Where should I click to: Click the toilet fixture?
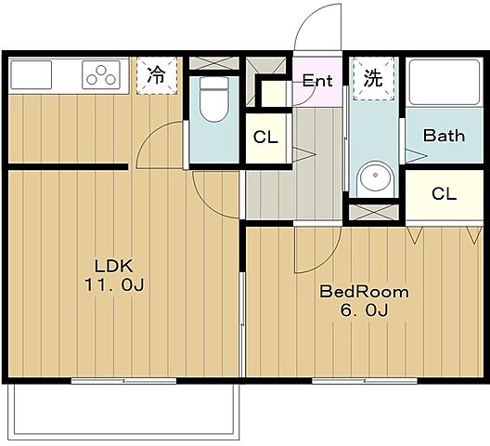click(x=214, y=99)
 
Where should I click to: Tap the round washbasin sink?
click(x=375, y=176)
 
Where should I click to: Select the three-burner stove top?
click(x=101, y=75)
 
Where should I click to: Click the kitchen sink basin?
click(x=31, y=75)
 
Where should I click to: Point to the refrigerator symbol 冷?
click(x=157, y=75)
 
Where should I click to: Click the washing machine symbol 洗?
click(x=373, y=77)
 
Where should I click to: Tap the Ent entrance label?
click(x=317, y=81)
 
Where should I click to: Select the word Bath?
click(x=444, y=136)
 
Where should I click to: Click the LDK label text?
click(x=114, y=267)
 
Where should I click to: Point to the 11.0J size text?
click(x=114, y=285)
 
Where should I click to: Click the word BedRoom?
click(x=364, y=292)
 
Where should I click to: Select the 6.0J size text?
click(x=365, y=310)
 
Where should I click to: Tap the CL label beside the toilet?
click(x=265, y=138)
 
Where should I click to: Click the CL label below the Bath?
click(x=444, y=194)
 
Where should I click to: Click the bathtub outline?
click(x=444, y=83)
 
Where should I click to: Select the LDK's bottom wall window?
click(x=123, y=381)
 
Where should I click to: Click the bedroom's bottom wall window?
click(x=365, y=381)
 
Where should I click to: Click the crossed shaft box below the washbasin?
click(x=374, y=212)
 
